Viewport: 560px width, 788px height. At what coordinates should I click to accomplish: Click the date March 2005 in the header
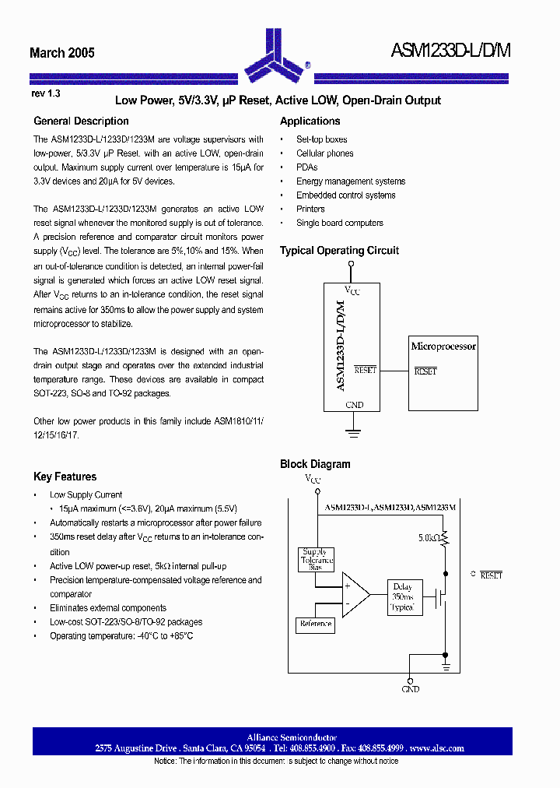tap(62, 53)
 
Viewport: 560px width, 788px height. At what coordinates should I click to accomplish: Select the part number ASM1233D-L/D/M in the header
tap(452, 52)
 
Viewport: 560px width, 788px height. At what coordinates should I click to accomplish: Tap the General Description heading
tap(81, 121)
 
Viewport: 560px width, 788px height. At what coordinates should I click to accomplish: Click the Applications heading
tap(310, 121)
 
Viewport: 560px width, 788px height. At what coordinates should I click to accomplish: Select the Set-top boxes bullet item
tap(321, 139)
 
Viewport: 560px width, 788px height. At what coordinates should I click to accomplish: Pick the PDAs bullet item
tap(306, 167)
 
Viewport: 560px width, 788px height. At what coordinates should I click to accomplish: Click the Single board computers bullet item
tap(339, 223)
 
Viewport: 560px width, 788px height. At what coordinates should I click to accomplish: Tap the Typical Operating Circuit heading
tap(339, 251)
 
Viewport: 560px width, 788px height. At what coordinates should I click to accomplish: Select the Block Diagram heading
tap(315, 465)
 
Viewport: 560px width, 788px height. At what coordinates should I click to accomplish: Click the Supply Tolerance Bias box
tap(316, 560)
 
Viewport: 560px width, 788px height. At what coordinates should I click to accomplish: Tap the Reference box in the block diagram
tap(315, 624)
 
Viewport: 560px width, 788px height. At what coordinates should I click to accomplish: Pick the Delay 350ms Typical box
tap(402, 596)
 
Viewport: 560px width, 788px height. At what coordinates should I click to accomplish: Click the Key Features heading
tap(65, 477)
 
